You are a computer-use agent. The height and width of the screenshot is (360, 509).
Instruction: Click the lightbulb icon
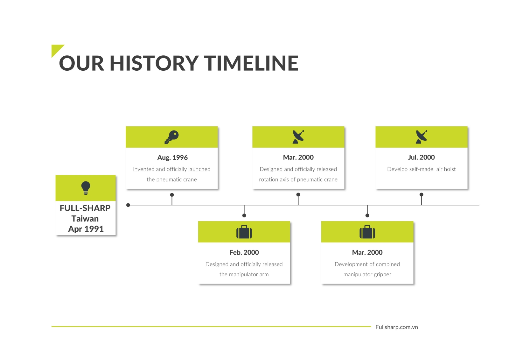tap(86, 188)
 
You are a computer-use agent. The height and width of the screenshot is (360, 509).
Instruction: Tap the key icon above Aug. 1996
tap(171, 137)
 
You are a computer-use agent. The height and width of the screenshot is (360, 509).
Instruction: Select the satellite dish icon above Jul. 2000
tap(421, 137)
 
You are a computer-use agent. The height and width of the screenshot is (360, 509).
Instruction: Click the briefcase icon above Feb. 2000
tap(244, 232)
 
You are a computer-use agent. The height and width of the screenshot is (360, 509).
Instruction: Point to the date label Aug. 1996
tap(172, 157)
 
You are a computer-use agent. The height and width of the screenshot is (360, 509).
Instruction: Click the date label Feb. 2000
tap(244, 252)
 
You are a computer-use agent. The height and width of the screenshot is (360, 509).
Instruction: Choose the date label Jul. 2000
tap(421, 157)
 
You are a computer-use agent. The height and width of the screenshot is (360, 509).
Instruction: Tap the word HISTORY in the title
tap(154, 63)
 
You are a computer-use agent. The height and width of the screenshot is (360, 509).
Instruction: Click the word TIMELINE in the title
tap(251, 63)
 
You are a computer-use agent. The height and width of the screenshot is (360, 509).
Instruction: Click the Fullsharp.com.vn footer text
tap(396, 327)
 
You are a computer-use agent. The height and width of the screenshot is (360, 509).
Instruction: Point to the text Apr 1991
tap(86, 229)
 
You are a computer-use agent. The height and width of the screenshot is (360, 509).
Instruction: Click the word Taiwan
tap(85, 219)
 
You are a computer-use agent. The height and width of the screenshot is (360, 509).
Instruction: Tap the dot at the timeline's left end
tap(128, 205)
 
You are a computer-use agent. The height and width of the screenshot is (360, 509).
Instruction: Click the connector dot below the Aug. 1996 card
tap(172, 195)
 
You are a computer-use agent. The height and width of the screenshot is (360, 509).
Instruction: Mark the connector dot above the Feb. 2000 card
tap(244, 215)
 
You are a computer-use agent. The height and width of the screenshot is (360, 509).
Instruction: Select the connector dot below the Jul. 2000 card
tap(421, 195)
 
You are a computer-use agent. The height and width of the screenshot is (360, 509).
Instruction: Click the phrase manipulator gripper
tap(367, 274)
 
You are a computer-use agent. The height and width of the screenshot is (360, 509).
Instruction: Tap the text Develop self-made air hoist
tap(421, 169)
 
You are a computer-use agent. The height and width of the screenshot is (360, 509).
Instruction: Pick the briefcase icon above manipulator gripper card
tap(367, 232)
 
